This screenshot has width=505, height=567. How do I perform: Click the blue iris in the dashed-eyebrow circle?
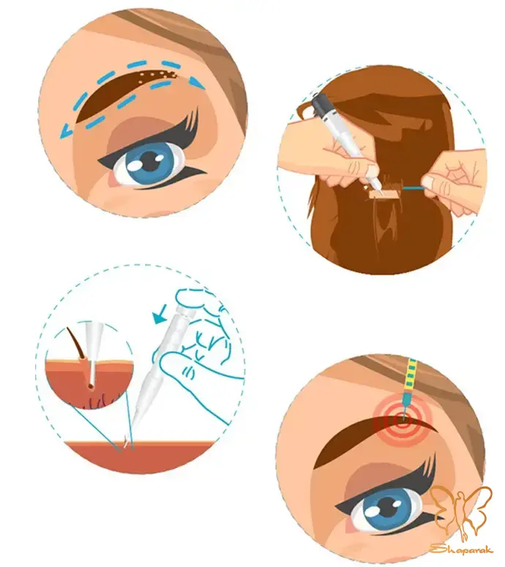(151, 162)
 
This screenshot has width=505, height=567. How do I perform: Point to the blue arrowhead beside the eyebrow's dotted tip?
(197, 83)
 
